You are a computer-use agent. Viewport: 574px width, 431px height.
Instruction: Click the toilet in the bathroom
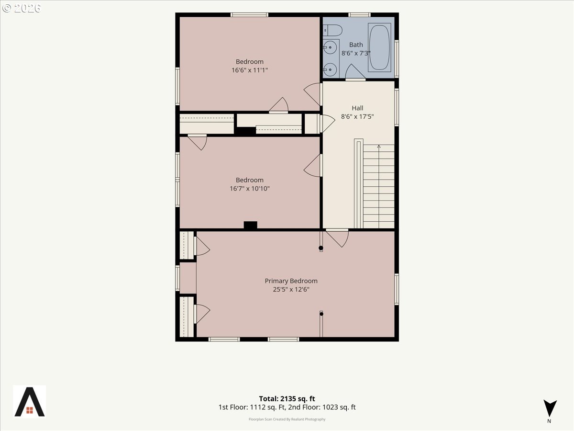pos(332,30)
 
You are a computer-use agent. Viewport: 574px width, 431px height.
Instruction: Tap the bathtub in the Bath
pos(379,47)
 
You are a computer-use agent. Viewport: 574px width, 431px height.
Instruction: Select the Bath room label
pos(356,45)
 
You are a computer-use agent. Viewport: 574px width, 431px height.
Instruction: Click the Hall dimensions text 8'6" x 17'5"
pos(357,116)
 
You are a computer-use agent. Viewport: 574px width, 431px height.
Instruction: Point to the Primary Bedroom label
pos(291,281)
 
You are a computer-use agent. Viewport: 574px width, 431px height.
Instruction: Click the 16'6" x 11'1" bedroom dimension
pos(250,70)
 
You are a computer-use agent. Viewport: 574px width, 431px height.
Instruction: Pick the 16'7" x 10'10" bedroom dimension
pos(250,188)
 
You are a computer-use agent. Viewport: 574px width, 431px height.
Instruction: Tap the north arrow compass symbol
pos(550,408)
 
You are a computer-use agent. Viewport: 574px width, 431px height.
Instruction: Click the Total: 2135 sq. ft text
pos(287,398)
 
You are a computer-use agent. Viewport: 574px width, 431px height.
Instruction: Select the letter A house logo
pos(30,402)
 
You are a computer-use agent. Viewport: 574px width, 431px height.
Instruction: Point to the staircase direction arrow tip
pos(379,145)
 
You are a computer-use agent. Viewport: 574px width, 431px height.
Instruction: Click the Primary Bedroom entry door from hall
pos(337,238)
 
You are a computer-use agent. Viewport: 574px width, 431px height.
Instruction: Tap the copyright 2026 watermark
pos(22,8)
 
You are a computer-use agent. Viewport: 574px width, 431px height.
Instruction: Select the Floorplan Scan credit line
pos(287,419)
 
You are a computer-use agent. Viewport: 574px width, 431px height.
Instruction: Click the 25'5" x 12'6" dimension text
pos(291,289)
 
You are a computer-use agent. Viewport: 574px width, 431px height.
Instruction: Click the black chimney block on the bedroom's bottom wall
pos(251,225)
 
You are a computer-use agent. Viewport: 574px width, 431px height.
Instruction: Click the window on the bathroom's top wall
pos(360,15)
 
